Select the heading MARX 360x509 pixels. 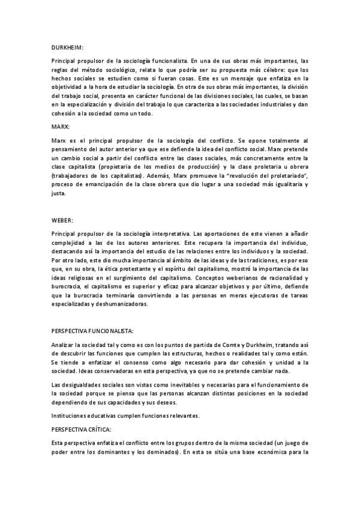point(60,127)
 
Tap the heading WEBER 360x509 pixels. point(62,220)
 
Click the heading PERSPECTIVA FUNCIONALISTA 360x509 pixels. point(93,331)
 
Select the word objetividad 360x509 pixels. point(68,87)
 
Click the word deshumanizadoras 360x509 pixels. point(117,304)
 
